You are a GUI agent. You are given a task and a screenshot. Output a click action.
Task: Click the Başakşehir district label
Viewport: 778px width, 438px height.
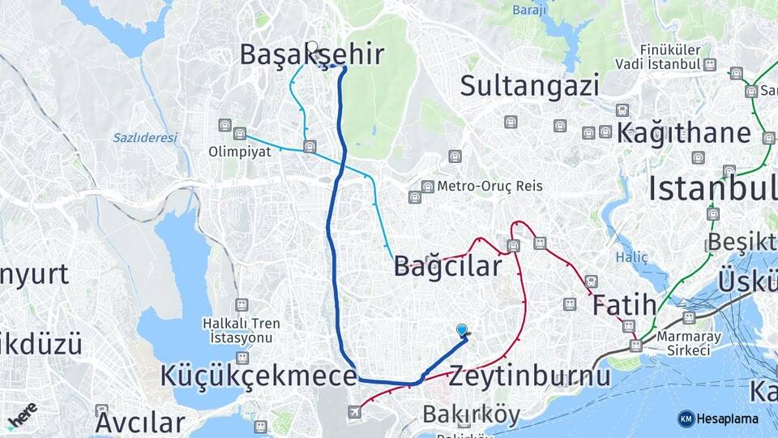pyautogui.click(x=311, y=54)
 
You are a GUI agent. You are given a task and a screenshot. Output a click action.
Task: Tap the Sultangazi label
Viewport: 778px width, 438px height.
pyautogui.click(x=530, y=85)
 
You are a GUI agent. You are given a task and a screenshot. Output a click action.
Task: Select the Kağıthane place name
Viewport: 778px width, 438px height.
pyautogui.click(x=683, y=134)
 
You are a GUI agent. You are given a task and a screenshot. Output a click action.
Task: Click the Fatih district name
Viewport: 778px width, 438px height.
pyautogui.click(x=623, y=306)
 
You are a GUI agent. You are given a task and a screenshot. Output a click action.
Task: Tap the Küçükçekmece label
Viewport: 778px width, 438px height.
pyautogui.click(x=259, y=376)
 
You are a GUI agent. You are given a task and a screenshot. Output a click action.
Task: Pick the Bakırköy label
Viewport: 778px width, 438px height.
pyautogui.click(x=471, y=414)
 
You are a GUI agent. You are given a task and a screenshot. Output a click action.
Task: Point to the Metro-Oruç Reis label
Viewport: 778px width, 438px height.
pyautogui.click(x=489, y=186)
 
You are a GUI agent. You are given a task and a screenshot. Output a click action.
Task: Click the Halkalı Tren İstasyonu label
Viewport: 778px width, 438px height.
pyautogui.click(x=242, y=329)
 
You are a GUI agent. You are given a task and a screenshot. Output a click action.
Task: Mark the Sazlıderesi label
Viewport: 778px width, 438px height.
pyautogui.click(x=145, y=138)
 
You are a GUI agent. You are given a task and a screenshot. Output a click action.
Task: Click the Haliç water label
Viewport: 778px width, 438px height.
pyautogui.click(x=632, y=257)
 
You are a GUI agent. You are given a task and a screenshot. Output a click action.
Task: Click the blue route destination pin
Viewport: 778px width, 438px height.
pyautogui.click(x=462, y=330)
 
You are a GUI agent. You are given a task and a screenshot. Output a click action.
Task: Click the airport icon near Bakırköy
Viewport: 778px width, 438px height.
pyautogui.click(x=354, y=413)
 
